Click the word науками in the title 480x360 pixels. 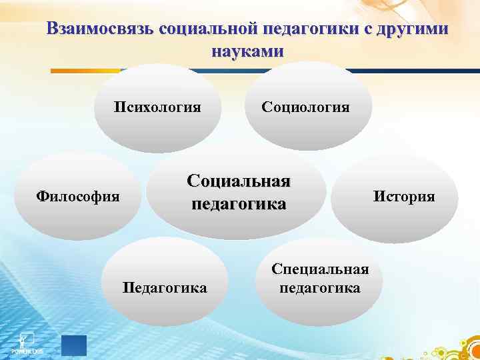(247, 51)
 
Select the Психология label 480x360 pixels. (157, 107)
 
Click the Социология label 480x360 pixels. (305, 107)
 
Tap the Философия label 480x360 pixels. (78, 197)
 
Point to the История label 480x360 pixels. (404, 196)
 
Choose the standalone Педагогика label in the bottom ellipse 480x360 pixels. (165, 287)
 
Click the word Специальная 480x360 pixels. (320, 269)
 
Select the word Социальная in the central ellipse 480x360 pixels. (239, 182)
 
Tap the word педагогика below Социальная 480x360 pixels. (239, 203)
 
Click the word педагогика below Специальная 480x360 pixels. (320, 288)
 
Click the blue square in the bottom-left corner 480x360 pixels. (73, 345)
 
